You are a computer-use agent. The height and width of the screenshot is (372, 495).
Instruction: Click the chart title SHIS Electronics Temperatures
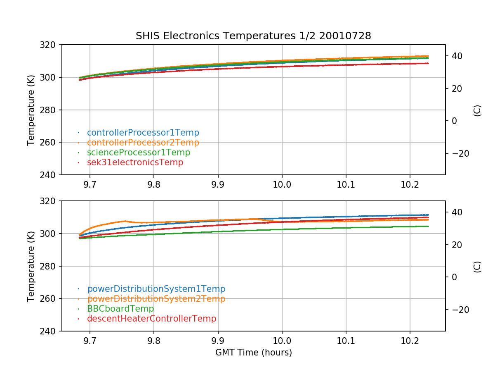tap(253, 36)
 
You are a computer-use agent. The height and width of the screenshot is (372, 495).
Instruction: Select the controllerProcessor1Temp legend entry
tap(143, 133)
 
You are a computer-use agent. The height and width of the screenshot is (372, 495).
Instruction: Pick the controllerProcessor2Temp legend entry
tap(143, 143)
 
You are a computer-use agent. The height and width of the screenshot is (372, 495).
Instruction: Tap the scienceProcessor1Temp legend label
tap(138, 153)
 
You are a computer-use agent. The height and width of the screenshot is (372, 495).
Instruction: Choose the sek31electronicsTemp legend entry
tap(135, 162)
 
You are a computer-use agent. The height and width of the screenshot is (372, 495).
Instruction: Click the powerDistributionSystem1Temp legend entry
tap(156, 289)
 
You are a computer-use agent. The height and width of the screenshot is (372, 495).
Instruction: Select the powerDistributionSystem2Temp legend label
tap(156, 299)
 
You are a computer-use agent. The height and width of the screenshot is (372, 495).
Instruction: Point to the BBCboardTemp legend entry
tap(120, 309)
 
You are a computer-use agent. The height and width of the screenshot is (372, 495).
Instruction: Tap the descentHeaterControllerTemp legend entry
tap(151, 319)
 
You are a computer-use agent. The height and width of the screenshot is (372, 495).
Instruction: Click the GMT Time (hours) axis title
tap(253, 353)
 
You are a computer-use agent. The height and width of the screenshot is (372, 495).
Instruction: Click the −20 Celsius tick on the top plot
tap(457, 153)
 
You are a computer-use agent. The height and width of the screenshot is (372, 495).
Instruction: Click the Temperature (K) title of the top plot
tap(31, 110)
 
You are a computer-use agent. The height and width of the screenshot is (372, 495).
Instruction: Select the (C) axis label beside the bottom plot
tap(477, 266)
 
